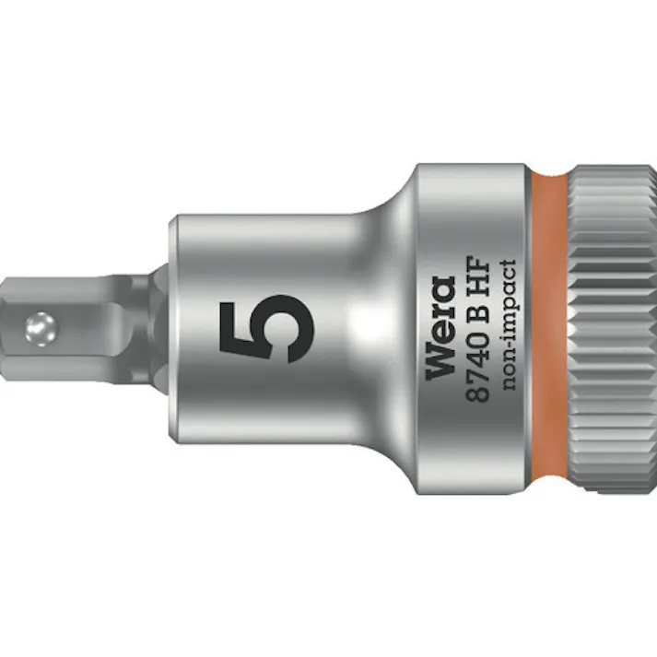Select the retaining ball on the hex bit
pos(40,326)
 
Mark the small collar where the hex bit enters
pos(160,327)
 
